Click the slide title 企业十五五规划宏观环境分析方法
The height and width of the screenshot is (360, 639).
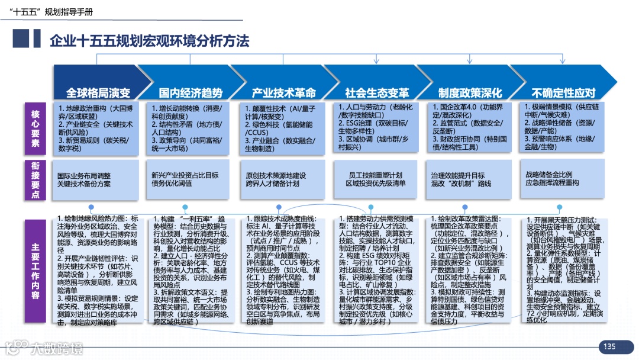150,40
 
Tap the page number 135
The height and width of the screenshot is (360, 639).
609,346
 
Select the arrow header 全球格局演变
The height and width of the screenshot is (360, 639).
98,93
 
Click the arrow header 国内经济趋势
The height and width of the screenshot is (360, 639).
191,93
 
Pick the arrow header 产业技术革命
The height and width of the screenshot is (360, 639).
284,93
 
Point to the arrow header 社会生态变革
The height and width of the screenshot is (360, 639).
377,93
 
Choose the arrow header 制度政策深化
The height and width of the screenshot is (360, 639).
470,93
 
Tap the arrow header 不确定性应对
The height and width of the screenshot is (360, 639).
563,93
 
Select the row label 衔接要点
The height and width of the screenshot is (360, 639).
35,179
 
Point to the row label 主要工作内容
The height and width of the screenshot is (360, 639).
35,271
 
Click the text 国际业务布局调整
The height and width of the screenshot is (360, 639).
83,176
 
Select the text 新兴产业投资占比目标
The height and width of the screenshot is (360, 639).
185,175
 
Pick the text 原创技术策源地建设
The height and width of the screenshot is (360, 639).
276,176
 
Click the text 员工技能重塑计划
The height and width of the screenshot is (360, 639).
376,175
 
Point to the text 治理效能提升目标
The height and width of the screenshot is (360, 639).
458,176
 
